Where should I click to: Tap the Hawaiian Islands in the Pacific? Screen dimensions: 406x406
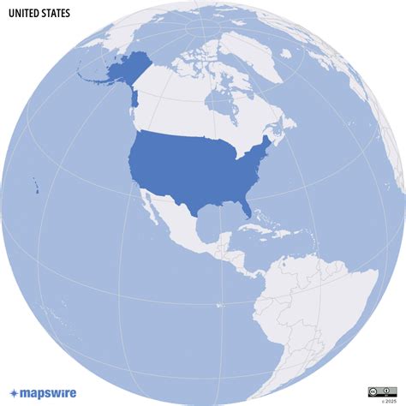pyautogui.click(x=37, y=187)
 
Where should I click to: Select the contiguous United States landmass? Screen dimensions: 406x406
pyautogui.click(x=197, y=167)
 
